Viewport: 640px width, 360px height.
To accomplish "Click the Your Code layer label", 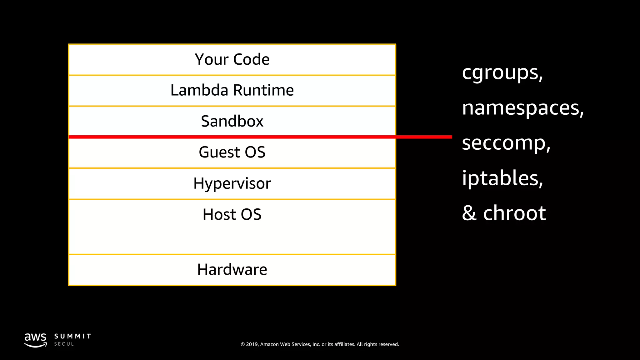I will [x=232, y=59].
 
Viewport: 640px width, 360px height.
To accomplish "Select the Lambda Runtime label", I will [x=232, y=90].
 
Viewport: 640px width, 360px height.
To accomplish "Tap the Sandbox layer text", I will [x=232, y=121].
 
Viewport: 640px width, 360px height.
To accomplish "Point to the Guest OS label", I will [x=232, y=152].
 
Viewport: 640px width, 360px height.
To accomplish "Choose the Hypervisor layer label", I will [x=232, y=183].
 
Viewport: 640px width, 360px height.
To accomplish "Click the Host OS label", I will [x=232, y=214].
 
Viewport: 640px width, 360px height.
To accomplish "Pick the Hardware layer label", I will [x=232, y=269].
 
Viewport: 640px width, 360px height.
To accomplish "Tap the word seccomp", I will [x=504, y=143].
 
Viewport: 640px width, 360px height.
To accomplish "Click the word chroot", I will [x=514, y=213].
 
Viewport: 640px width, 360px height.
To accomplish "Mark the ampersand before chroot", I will [x=469, y=213].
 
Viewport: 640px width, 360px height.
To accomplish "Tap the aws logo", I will [x=36, y=340].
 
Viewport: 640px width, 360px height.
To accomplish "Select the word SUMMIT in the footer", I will [x=72, y=336].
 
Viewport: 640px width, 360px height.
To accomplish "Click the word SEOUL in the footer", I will [x=64, y=344].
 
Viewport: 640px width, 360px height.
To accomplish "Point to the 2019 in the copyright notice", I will [x=252, y=344].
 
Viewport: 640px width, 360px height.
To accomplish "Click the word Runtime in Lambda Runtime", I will [x=263, y=90].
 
